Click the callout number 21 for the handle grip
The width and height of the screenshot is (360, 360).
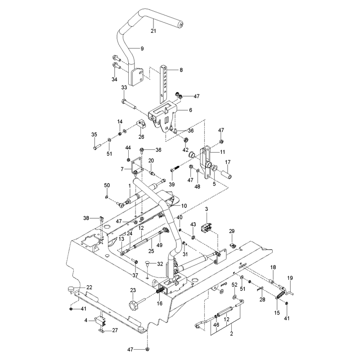pyautogui.click(x=153, y=31)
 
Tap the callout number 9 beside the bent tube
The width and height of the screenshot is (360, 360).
pyautogui.click(x=142, y=49)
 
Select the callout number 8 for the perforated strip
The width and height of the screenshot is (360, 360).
pyautogui.click(x=181, y=70)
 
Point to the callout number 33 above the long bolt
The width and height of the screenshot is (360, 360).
pyautogui.click(x=124, y=87)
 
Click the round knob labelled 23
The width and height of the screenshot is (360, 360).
pyautogui.click(x=133, y=305)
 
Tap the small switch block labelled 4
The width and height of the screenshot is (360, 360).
pyautogui.click(x=100, y=320)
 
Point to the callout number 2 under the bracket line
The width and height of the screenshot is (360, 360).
pyautogui.click(x=231, y=333)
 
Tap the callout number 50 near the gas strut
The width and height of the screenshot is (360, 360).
pyautogui.click(x=107, y=185)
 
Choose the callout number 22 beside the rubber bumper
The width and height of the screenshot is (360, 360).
pyautogui.click(x=89, y=287)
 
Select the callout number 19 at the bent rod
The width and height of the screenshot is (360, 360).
pyautogui.click(x=290, y=278)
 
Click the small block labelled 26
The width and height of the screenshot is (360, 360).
pyautogui.click(x=141, y=125)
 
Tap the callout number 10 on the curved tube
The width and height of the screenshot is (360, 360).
pyautogui.click(x=184, y=206)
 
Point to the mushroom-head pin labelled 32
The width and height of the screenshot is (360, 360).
pyautogui.click(x=148, y=264)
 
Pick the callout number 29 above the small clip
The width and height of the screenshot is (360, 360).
pyautogui.click(x=232, y=231)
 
